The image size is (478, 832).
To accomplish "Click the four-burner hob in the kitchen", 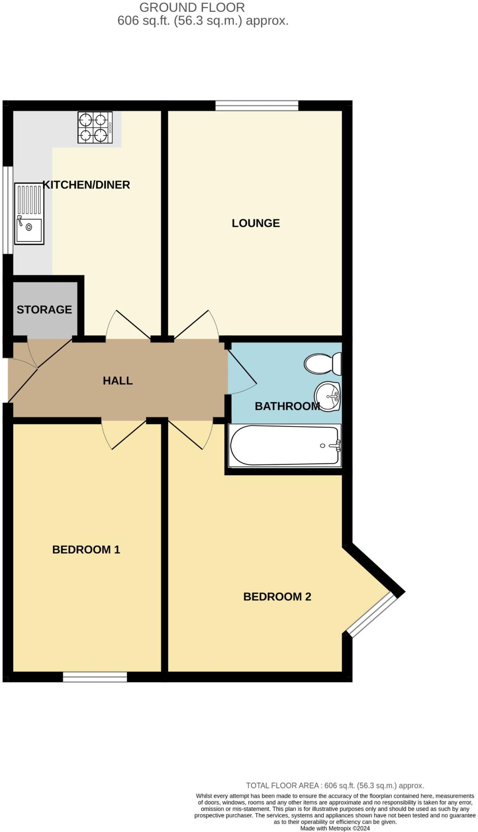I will point(95,128).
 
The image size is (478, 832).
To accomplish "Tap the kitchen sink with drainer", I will point(29,214).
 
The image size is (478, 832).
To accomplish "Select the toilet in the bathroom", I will point(323,364).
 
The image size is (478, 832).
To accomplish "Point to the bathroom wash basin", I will point(328,396).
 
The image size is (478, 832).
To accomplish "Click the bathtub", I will point(285,445).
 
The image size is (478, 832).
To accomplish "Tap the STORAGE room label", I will point(44,310).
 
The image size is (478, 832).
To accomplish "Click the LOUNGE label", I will point(256,223).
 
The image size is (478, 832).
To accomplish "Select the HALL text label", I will point(117,381).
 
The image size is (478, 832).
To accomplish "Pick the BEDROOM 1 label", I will point(86,550).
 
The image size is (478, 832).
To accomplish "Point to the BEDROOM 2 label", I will point(277,597).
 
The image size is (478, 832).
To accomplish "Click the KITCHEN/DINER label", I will point(87,185).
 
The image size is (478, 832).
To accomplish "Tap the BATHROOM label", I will point(287,406).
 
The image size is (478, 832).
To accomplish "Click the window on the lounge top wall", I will point(257,106).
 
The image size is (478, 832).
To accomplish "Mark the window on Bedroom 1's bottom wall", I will point(95,677).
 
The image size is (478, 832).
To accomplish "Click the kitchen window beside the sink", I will point(8,210).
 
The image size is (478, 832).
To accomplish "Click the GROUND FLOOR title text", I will point(192,7).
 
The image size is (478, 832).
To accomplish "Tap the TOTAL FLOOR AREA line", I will point(335,786).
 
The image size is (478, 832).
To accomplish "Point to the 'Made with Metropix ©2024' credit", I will point(335,828).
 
